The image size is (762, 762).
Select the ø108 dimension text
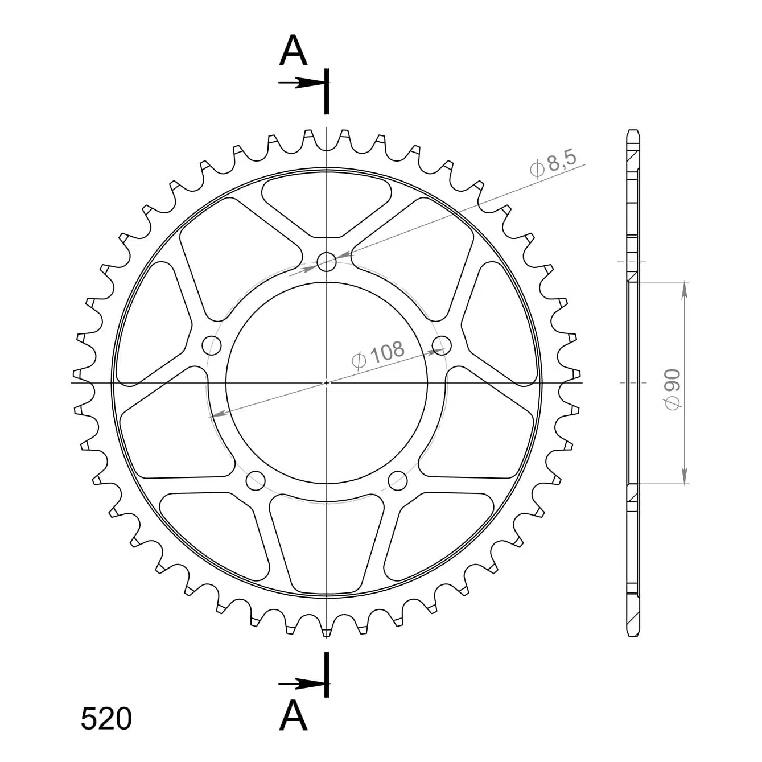click(x=378, y=354)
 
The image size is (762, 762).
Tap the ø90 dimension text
click(x=672, y=389)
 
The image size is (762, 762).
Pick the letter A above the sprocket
click(x=293, y=50)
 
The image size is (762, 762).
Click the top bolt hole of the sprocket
click(x=327, y=261)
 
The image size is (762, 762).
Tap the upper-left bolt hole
click(x=212, y=345)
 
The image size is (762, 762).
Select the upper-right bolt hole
click(x=442, y=345)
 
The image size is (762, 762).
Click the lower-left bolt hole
click(x=256, y=480)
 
